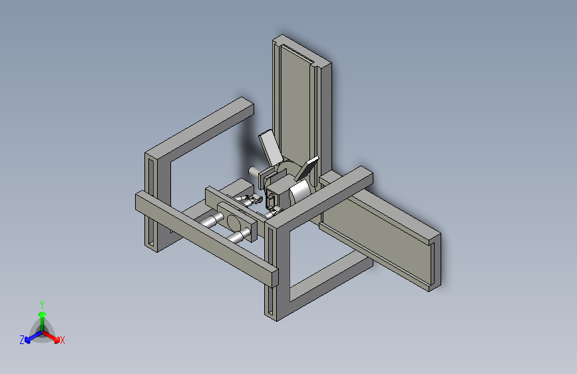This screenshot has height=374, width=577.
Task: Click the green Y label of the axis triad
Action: (42, 305)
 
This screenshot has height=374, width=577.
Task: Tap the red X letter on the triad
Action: (62, 340)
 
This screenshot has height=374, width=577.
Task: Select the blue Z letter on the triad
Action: (22, 340)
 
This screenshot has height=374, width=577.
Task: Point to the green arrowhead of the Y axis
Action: (43, 314)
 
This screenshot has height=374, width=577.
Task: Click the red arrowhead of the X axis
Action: (57, 339)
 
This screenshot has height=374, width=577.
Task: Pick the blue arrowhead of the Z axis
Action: (27, 340)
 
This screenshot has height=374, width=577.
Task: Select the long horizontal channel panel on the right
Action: (383, 236)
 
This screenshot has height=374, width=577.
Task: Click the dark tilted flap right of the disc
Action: (307, 168)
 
